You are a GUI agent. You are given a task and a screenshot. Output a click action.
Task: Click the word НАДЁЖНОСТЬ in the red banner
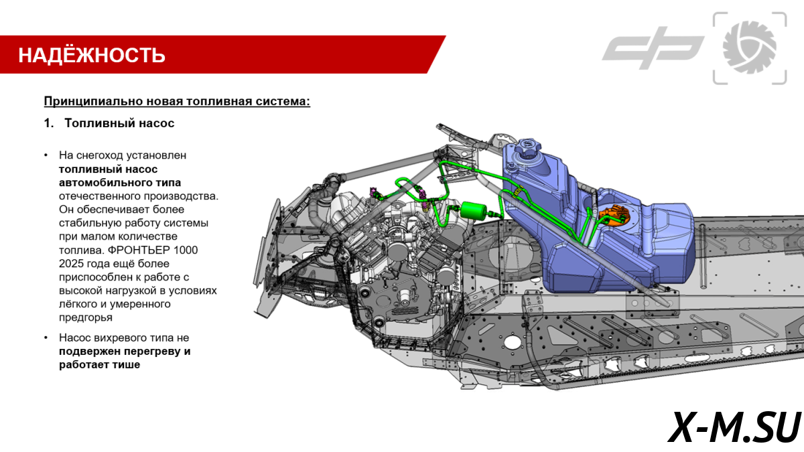92,55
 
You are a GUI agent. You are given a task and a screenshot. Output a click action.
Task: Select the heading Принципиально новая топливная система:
177,102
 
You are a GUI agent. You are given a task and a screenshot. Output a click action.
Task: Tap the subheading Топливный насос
119,123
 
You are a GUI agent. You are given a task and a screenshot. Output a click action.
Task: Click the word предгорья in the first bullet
85,317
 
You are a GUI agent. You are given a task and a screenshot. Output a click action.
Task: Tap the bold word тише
126,365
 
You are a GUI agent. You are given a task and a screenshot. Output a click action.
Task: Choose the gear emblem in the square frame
750,48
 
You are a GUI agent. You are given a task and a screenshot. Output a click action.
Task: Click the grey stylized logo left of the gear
653,48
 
